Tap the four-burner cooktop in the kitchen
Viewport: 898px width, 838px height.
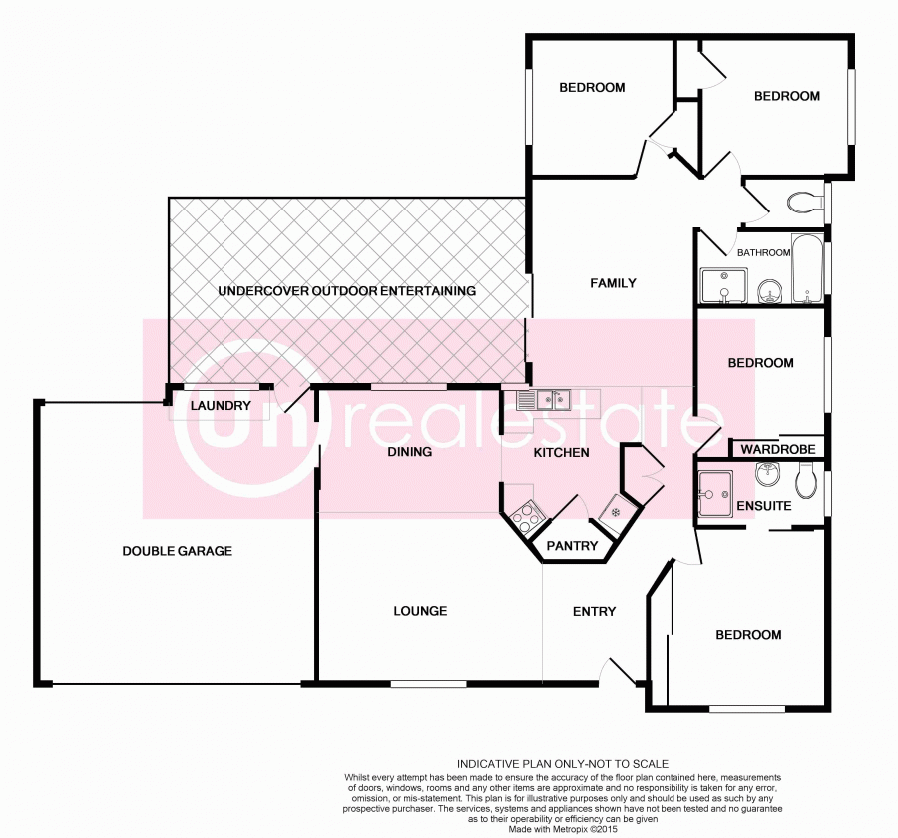[526, 516]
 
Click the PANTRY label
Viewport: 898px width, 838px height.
[573, 546]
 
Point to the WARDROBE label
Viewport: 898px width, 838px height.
[778, 450]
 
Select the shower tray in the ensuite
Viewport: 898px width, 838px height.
[715, 493]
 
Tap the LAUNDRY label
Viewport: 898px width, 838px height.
[220, 406]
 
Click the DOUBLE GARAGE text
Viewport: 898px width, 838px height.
[177, 551]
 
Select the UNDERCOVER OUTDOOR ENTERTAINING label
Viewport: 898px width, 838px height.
[346, 291]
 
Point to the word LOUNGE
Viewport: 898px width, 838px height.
[420, 611]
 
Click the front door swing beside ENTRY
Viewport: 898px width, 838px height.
[621, 672]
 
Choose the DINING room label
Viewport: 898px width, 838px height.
[409, 452]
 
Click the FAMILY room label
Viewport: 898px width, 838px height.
[613, 283]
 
